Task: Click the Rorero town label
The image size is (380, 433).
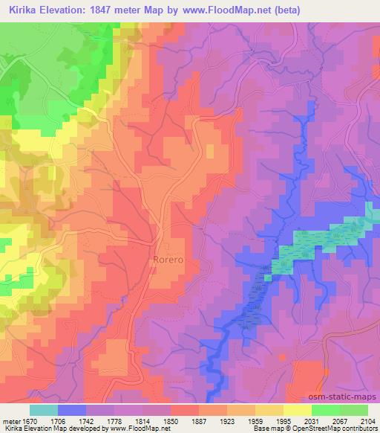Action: tap(168, 260)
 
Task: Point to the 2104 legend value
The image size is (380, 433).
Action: tap(368, 421)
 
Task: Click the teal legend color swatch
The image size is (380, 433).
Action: tap(44, 410)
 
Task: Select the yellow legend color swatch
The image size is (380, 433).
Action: tap(297, 410)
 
